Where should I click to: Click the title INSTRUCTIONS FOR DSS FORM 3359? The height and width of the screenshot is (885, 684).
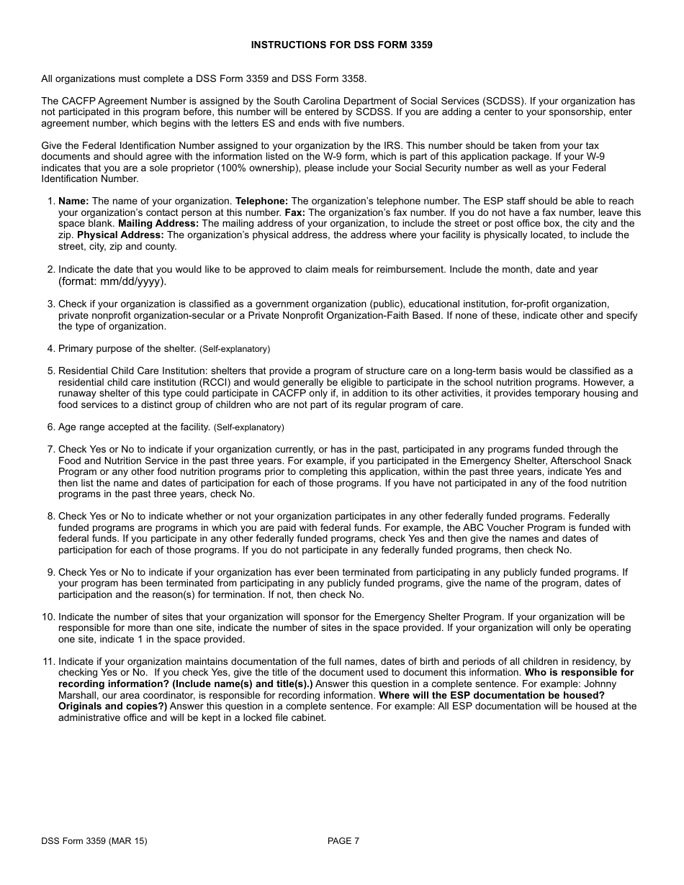(341, 45)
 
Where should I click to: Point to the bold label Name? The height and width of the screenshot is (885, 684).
(73, 201)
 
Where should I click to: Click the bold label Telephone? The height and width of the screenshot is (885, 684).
(262, 201)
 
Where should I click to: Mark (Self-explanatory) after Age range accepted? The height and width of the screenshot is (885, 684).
(249, 427)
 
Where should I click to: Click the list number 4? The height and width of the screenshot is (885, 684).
(51, 349)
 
